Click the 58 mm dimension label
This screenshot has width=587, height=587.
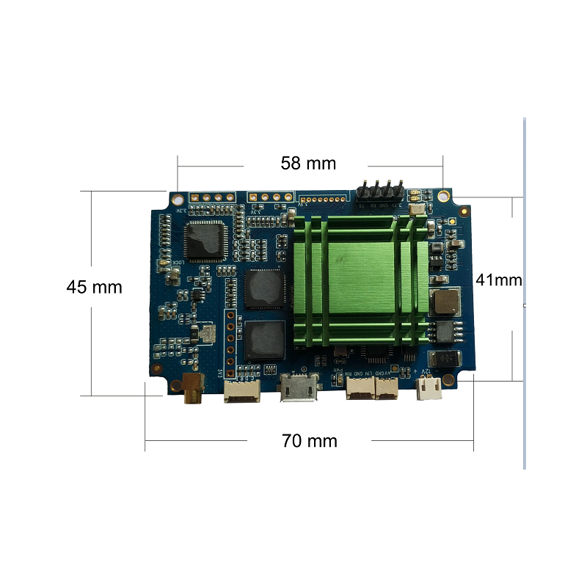pyautogui.click(x=308, y=163)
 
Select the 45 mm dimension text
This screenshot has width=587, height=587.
pyautogui.click(x=94, y=287)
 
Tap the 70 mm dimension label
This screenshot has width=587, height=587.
pyautogui.click(x=310, y=441)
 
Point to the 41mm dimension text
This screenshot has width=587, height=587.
pyautogui.click(x=499, y=280)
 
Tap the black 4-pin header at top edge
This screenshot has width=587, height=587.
pyautogui.click(x=379, y=192)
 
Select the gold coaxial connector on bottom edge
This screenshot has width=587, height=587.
pyautogui.click(x=192, y=387)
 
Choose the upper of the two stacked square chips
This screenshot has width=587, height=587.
pyautogui.click(x=265, y=288)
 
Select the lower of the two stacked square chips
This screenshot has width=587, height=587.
pyautogui.click(x=264, y=339)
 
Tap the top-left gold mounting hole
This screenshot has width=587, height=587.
pyautogui.click(x=178, y=197)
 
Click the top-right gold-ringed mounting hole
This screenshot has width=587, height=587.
pyautogui.click(x=443, y=196)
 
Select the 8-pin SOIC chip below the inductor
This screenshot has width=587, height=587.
pyautogui.click(x=445, y=331)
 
